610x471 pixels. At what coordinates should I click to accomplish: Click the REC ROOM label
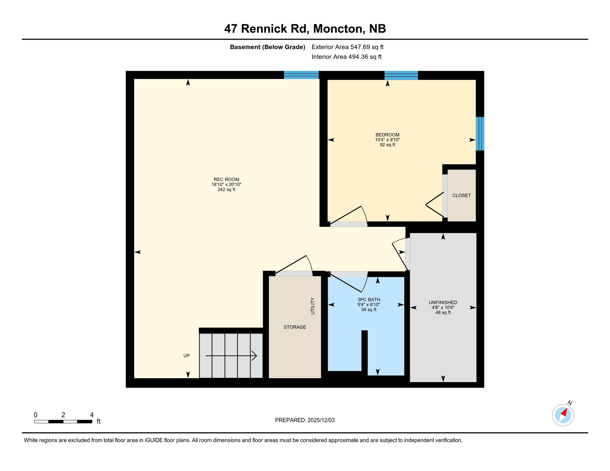click(226, 179)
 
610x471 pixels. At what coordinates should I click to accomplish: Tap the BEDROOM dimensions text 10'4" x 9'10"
click(387, 140)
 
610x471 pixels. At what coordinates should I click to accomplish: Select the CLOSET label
click(461, 195)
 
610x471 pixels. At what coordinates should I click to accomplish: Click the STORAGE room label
click(295, 327)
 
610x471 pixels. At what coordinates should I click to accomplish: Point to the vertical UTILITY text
click(313, 306)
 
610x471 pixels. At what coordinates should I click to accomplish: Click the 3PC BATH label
click(369, 300)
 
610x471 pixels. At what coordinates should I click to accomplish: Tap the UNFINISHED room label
click(443, 302)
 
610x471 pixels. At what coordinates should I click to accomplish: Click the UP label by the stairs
click(187, 356)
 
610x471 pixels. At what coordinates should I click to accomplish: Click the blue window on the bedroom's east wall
click(480, 134)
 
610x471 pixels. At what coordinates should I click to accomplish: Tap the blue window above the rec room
click(301, 75)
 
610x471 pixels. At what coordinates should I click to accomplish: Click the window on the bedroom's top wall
click(401, 75)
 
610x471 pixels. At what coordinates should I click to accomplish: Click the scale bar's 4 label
click(92, 415)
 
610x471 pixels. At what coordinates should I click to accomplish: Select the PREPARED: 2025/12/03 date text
click(305, 420)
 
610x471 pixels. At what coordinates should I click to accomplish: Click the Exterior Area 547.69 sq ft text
click(347, 47)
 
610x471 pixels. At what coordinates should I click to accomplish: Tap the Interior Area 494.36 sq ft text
click(346, 57)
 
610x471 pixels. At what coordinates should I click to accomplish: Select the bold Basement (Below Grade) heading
click(267, 47)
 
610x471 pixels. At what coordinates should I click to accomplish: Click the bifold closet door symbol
click(435, 205)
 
